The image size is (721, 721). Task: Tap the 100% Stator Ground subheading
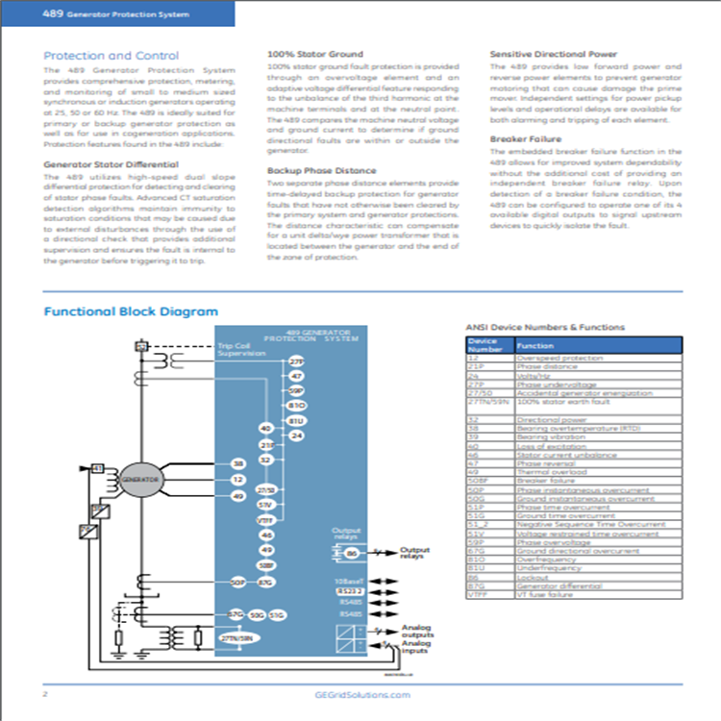314,55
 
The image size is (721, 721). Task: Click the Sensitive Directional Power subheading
554,55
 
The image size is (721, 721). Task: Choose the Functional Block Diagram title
131,311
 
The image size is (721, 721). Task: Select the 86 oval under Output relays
352,553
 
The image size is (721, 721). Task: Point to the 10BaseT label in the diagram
349,581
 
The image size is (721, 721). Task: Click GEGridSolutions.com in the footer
360,694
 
